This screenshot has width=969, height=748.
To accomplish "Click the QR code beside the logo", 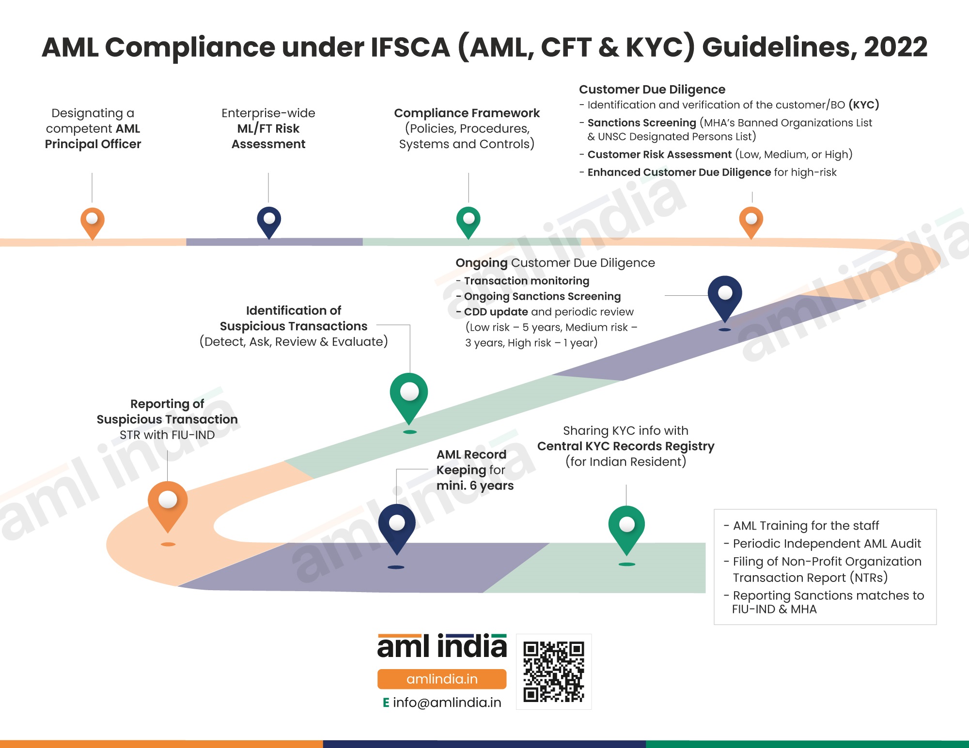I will pyautogui.click(x=554, y=672).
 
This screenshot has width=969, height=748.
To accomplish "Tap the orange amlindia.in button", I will pyautogui.click(x=442, y=679).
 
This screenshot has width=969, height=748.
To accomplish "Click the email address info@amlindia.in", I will pyautogui.click(x=447, y=702).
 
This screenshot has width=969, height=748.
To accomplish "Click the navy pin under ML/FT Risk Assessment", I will pyautogui.click(x=269, y=220).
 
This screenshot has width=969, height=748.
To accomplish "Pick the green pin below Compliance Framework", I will pyautogui.click(x=469, y=220).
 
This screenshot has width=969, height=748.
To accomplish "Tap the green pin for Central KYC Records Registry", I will pyautogui.click(x=626, y=526).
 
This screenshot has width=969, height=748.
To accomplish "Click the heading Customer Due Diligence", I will pyautogui.click(x=652, y=90).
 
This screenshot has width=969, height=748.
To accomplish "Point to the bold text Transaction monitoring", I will pyautogui.click(x=527, y=281).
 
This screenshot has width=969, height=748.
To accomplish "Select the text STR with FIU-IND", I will pyautogui.click(x=167, y=435).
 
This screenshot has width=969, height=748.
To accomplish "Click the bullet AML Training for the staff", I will pyautogui.click(x=806, y=526).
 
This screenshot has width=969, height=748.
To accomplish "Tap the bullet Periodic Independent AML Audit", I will pyautogui.click(x=827, y=544).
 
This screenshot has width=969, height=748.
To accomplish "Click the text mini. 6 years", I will pyautogui.click(x=475, y=486).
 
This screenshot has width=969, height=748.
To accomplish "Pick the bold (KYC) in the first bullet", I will pyautogui.click(x=863, y=105).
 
